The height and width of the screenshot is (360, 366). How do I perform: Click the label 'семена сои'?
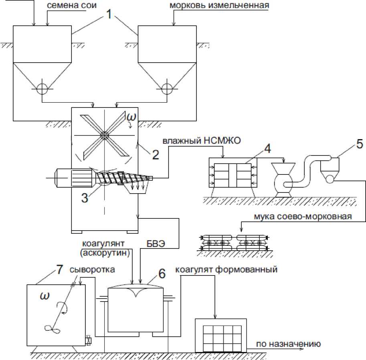click(x=72, y=5)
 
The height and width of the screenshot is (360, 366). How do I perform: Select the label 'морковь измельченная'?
click(x=219, y=5)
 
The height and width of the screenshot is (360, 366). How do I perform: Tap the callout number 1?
click(x=109, y=14)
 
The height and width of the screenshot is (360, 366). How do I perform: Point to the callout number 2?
click(x=156, y=155)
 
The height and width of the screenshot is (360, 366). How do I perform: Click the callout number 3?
click(x=85, y=198)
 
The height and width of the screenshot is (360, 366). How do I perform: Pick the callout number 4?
click(x=267, y=149)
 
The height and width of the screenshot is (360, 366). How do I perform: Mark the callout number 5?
click(x=360, y=144)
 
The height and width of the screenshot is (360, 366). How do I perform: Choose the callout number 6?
click(x=162, y=273)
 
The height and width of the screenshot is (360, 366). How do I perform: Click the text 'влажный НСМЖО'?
click(x=201, y=141)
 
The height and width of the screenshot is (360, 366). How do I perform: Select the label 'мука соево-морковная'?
click(x=303, y=216)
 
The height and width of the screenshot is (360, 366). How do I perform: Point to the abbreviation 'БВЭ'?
click(x=156, y=244)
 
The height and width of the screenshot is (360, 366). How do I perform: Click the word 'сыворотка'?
click(x=92, y=269)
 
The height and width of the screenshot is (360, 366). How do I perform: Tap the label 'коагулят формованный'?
click(x=226, y=269)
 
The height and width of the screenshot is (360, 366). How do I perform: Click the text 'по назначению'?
click(x=288, y=344)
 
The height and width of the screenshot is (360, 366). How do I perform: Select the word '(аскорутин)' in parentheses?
click(x=105, y=253)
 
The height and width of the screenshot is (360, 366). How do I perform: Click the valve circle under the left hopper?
click(x=42, y=89)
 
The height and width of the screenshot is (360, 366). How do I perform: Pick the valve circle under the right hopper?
click(x=167, y=89)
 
